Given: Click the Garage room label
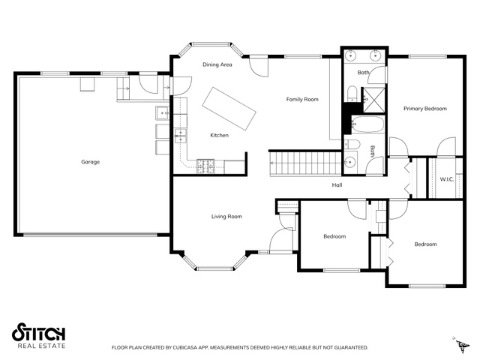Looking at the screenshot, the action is (90, 162).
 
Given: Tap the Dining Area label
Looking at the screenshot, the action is (217, 64).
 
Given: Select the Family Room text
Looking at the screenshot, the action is (302, 100).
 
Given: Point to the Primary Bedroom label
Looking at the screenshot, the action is (425, 109).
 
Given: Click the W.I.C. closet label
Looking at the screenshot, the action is (447, 179).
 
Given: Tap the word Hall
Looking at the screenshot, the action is (337, 185).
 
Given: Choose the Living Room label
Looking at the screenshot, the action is (226, 217).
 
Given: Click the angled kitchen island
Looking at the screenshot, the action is (229, 109).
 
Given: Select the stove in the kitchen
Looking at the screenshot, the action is (205, 166).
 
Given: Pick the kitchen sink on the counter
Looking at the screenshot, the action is (181, 136).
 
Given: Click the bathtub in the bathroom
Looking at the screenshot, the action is (367, 124).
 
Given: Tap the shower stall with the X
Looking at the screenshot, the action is (373, 100).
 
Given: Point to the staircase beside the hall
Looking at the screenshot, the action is (305, 163).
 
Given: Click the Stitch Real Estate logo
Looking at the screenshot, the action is (38, 335).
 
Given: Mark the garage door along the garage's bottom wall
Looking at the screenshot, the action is (90, 235).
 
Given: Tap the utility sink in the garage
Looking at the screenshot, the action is (162, 113).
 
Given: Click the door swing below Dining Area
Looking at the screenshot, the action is (259, 67).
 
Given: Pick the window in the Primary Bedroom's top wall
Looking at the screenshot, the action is (427, 56).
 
